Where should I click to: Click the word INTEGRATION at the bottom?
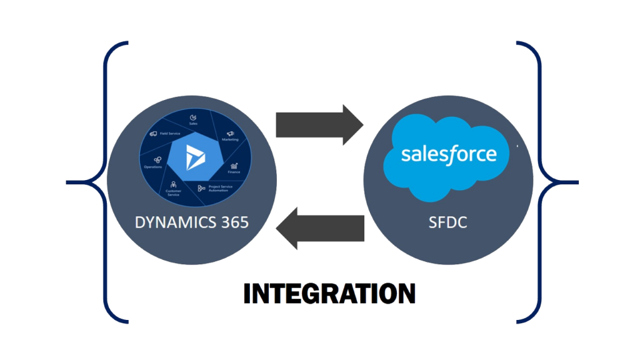[x=329, y=293]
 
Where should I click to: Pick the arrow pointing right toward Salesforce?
[x=319, y=125]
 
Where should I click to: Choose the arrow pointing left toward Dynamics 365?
[x=319, y=228]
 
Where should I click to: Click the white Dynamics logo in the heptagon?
[x=190, y=154]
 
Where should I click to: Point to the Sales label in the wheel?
[x=193, y=124]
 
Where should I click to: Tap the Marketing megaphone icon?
[x=230, y=134]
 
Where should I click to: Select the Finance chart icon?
[x=234, y=166]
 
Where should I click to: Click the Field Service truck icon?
[x=152, y=134]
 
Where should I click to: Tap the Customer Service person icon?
[x=173, y=184]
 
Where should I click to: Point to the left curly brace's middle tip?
[x=67, y=183]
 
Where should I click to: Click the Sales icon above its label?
[x=193, y=116]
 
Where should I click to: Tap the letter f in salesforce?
[x=452, y=153]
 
